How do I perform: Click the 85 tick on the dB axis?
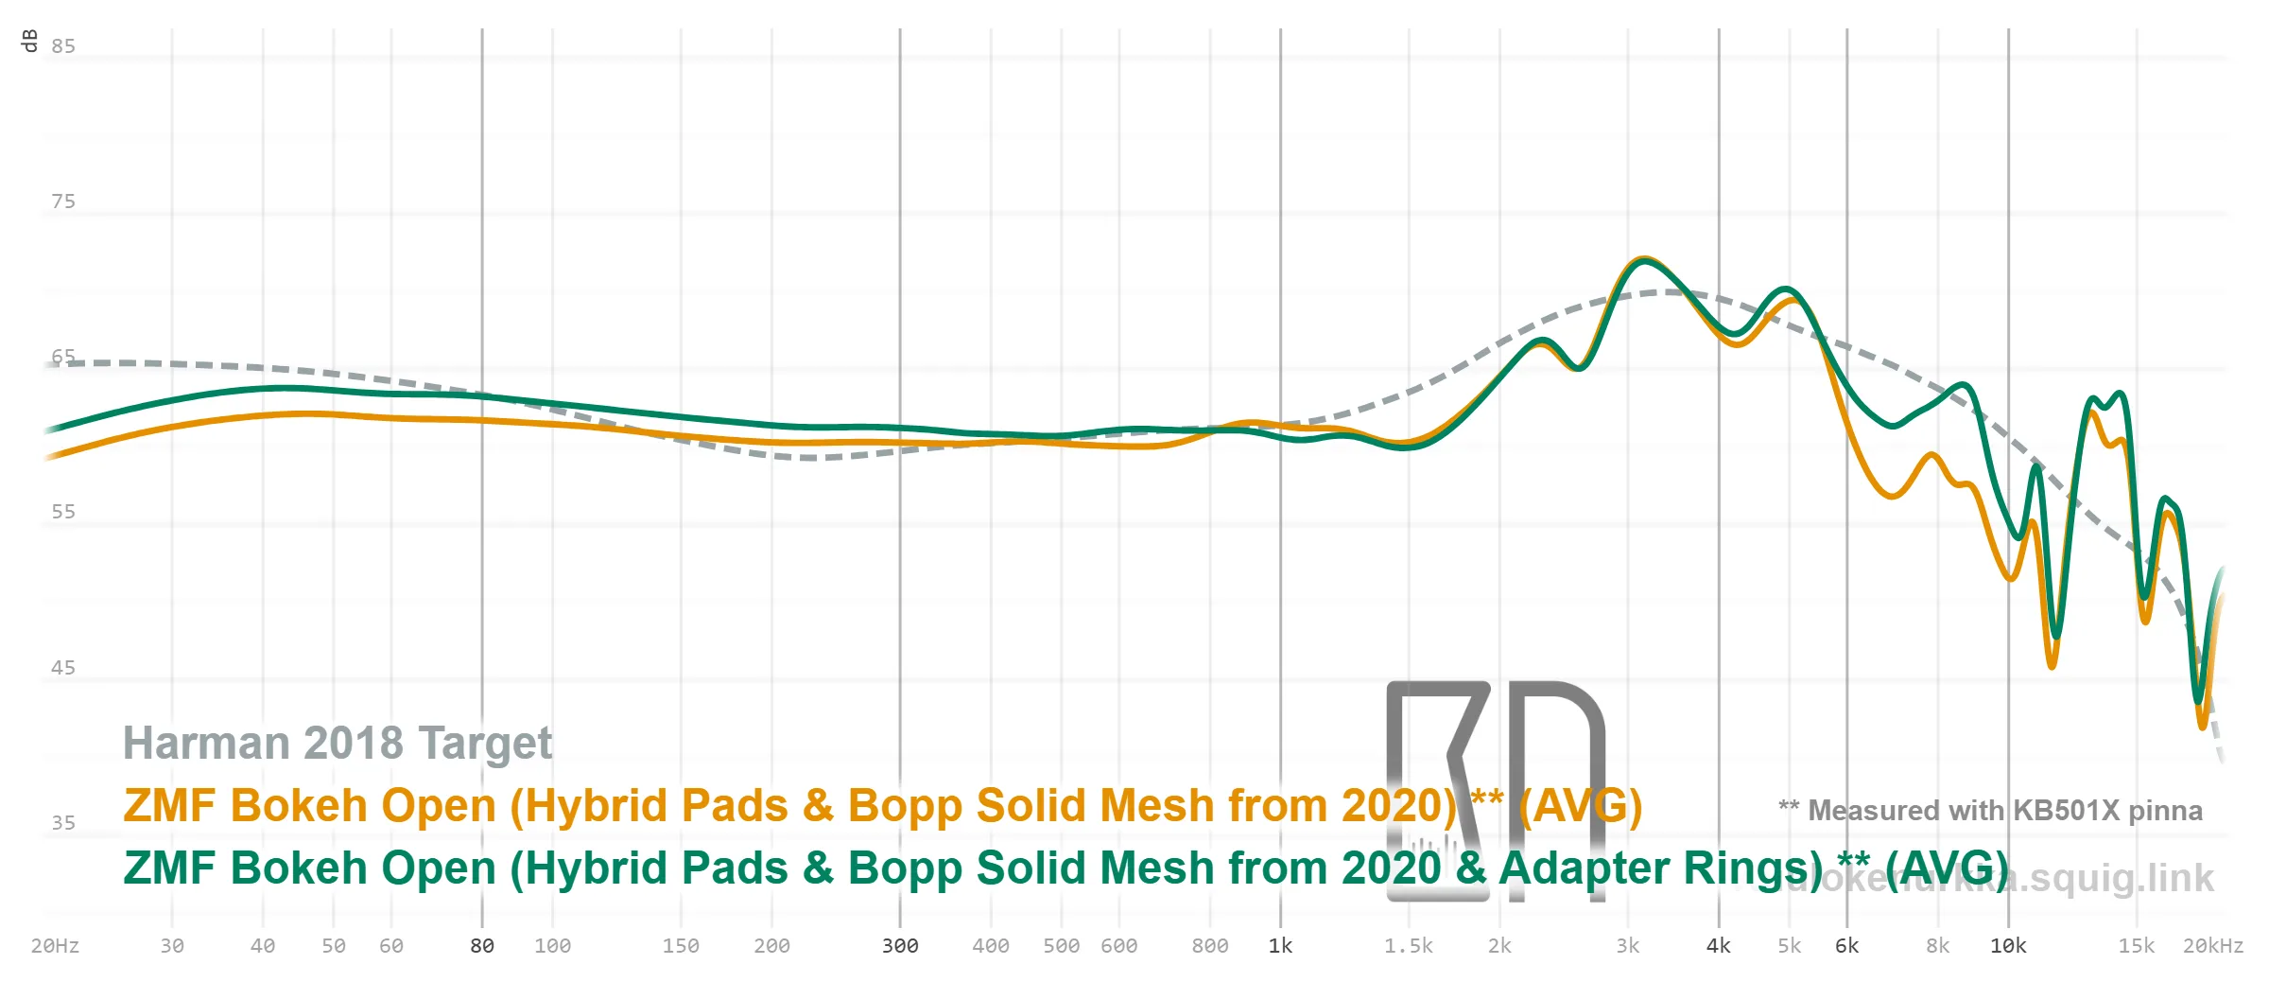(63, 46)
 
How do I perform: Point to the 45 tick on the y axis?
(63, 668)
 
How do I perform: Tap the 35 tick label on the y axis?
(63, 823)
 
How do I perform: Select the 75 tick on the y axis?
(63, 202)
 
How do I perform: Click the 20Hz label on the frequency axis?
(55, 946)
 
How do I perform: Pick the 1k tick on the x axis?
(1280, 946)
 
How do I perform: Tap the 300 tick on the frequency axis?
(900, 946)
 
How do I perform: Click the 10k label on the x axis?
(2008, 946)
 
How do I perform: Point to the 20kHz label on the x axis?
(2212, 946)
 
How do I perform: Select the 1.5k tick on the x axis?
(1409, 946)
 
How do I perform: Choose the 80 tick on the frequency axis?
(482, 946)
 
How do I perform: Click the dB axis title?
(29, 41)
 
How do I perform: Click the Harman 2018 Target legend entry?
(338, 744)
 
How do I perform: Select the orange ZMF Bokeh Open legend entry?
(882, 806)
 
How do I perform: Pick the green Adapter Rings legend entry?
(1065, 868)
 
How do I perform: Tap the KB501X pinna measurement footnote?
(1990, 811)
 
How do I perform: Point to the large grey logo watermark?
(1495, 790)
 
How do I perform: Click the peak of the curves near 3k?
(1644, 259)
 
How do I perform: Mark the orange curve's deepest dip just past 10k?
(2052, 666)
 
